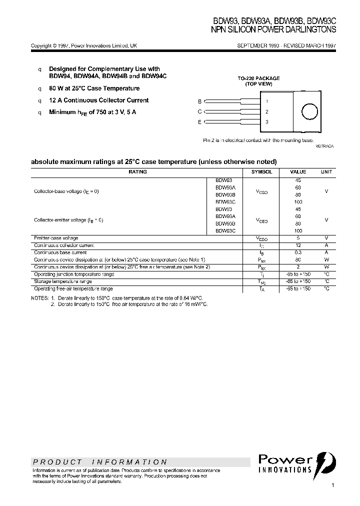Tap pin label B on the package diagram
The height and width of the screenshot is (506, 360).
199,101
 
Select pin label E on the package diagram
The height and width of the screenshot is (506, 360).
199,121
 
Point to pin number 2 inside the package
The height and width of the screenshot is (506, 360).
267,111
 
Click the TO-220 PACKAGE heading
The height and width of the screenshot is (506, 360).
258,78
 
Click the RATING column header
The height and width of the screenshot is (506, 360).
137,171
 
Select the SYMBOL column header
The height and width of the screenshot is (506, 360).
261,171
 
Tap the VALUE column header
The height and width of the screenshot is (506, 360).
298,171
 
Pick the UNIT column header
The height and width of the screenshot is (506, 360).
326,171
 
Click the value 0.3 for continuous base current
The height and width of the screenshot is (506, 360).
298,252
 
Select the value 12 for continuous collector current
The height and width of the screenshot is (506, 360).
298,245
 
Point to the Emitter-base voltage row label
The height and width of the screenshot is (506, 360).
56,238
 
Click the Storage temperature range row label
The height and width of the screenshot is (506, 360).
63,281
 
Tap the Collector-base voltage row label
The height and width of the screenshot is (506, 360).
66,191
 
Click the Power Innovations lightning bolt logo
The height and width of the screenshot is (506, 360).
330,462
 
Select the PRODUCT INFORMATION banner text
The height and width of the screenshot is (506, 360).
100,462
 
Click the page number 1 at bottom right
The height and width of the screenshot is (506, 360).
333,485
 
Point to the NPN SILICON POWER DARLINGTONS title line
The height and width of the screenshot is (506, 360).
274,29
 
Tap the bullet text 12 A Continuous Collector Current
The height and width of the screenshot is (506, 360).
98,100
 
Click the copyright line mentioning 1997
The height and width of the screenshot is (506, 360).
84,45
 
